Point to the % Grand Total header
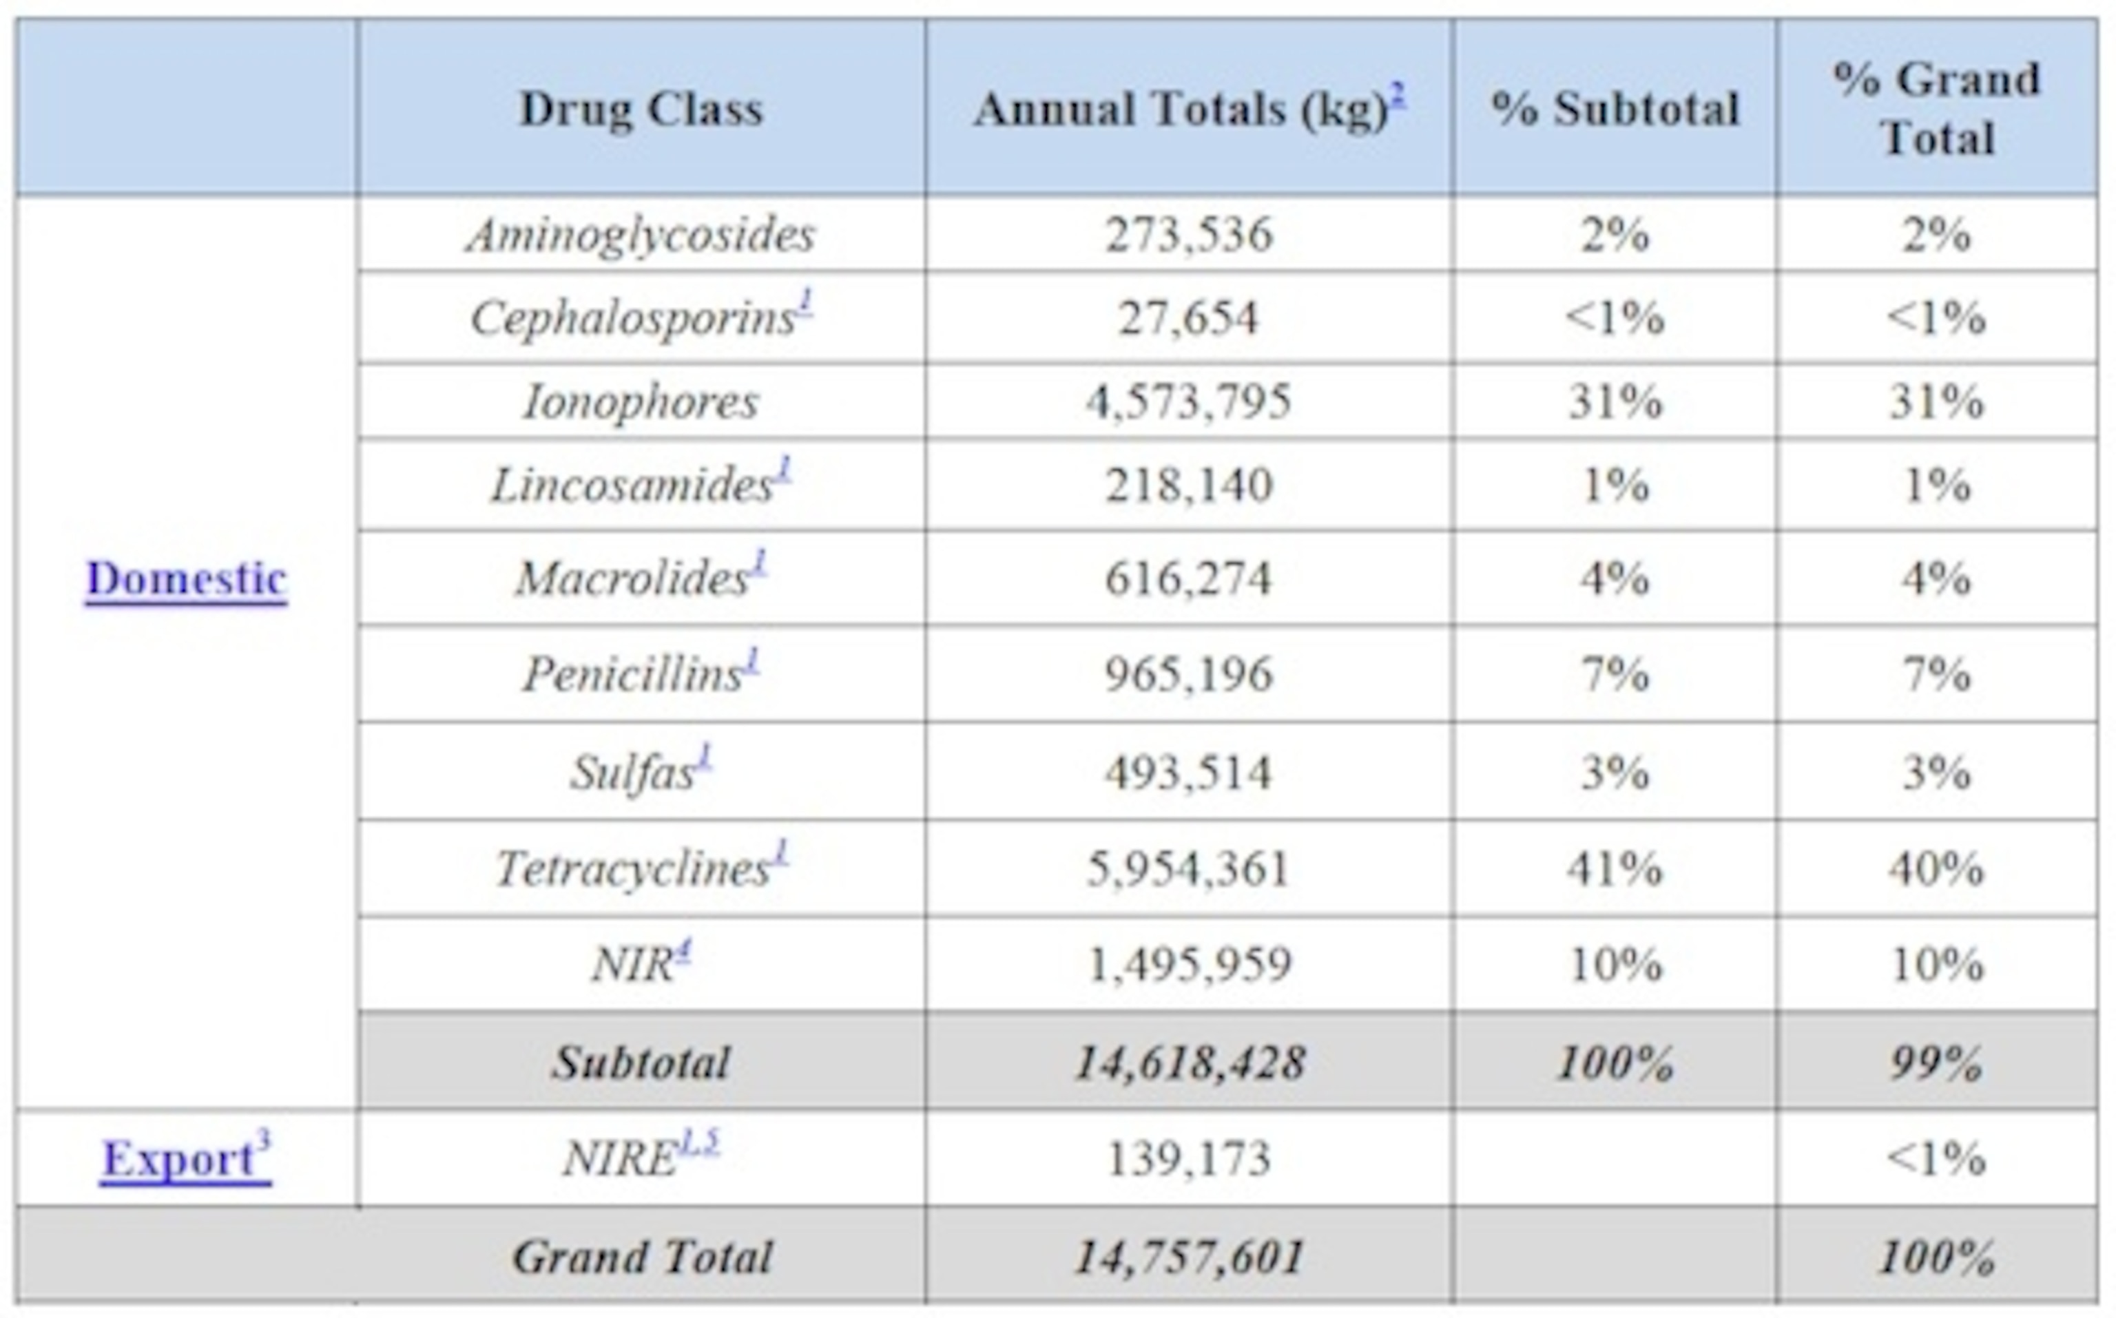point(1936,109)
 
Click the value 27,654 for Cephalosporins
point(1188,317)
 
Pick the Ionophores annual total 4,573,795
point(1188,402)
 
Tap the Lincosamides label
point(634,485)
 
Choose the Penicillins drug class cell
point(634,674)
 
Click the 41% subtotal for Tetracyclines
point(1615,868)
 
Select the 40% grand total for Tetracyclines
point(1936,868)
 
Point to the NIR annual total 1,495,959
point(1188,964)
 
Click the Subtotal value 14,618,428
point(1188,1063)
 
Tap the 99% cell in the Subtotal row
point(1936,1063)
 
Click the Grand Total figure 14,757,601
point(1188,1257)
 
